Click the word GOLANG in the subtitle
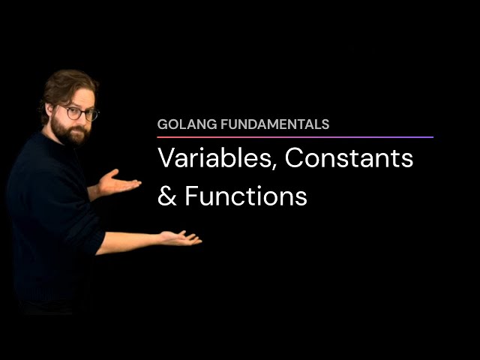(x=181, y=124)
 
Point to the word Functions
(x=246, y=196)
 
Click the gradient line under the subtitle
(x=295, y=137)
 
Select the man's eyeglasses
(x=81, y=113)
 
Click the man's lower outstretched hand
(x=180, y=238)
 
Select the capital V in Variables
(x=166, y=159)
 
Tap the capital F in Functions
(x=190, y=196)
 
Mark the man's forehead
(x=77, y=98)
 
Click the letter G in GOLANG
(x=162, y=124)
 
